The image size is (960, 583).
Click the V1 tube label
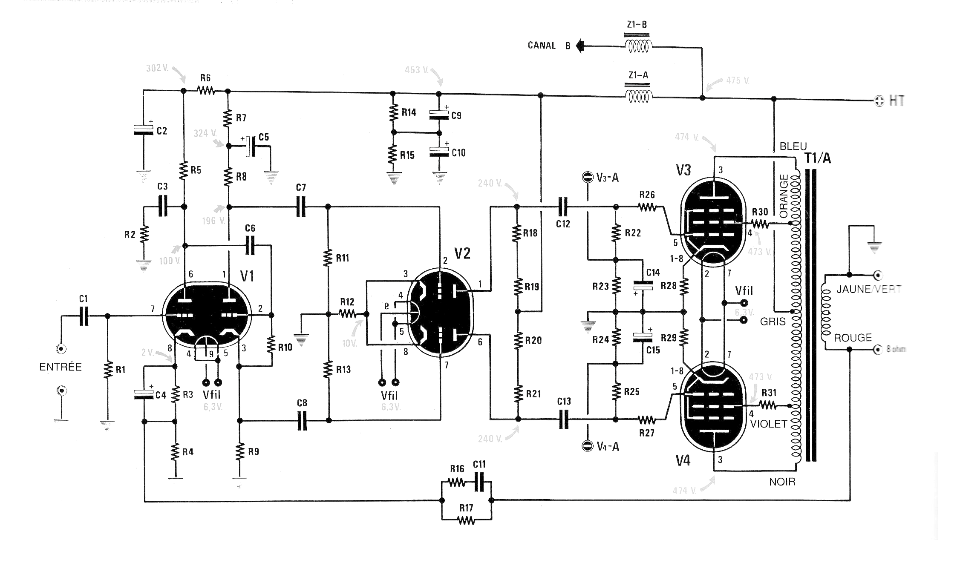pyautogui.click(x=247, y=276)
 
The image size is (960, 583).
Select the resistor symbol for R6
pyautogui.click(x=206, y=90)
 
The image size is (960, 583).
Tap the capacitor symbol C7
pyautogui.click(x=301, y=207)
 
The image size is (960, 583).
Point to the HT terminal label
pyautogui.click(x=897, y=101)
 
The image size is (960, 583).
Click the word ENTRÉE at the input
pyautogui.click(x=61, y=367)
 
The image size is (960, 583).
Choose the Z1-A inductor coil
pyautogui.click(x=638, y=97)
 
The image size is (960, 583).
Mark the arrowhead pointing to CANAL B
pyautogui.click(x=579, y=46)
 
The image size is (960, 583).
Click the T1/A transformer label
pyautogui.click(x=818, y=158)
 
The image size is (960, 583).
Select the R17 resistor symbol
pyautogui.click(x=466, y=520)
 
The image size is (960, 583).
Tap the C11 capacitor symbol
pyautogui.click(x=479, y=483)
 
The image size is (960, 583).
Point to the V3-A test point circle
pyautogui.click(x=588, y=177)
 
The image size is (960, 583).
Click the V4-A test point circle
pyautogui.click(x=588, y=445)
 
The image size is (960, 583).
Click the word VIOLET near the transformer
pyautogui.click(x=768, y=424)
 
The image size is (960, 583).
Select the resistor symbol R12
pyautogui.click(x=348, y=314)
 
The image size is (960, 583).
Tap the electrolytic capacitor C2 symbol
pyautogui.click(x=143, y=130)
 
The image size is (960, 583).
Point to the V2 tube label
pyautogui.click(x=462, y=254)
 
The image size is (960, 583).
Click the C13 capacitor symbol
pyautogui.click(x=563, y=419)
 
